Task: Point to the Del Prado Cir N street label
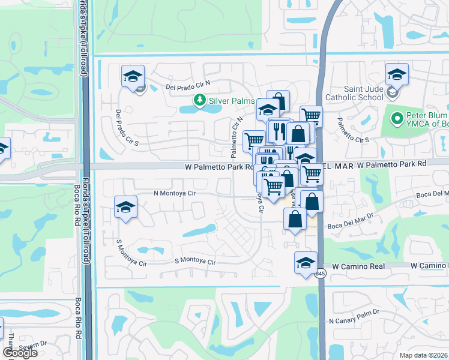pyautogui.click(x=188, y=86)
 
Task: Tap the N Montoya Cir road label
pyautogui.click(x=175, y=193)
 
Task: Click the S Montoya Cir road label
pyautogui.click(x=194, y=260)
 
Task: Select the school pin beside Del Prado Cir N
pyautogui.click(x=133, y=76)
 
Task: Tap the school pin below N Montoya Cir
pyautogui.click(x=125, y=208)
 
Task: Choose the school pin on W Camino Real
pyautogui.click(x=306, y=262)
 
